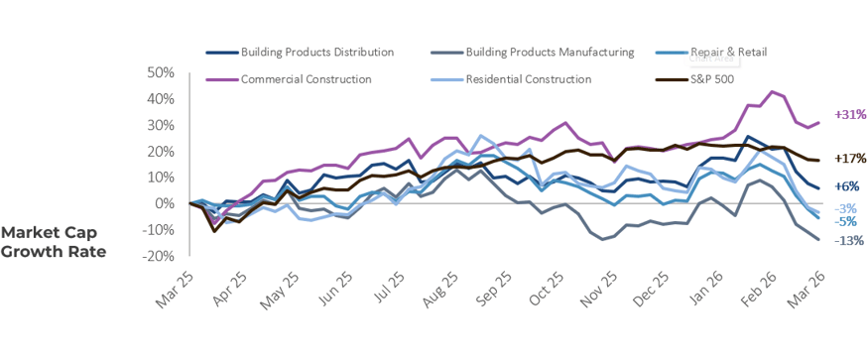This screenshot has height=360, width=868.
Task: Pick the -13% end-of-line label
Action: click(848, 241)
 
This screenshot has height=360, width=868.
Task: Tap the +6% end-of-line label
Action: click(846, 186)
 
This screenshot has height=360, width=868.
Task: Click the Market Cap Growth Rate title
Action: click(54, 241)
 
